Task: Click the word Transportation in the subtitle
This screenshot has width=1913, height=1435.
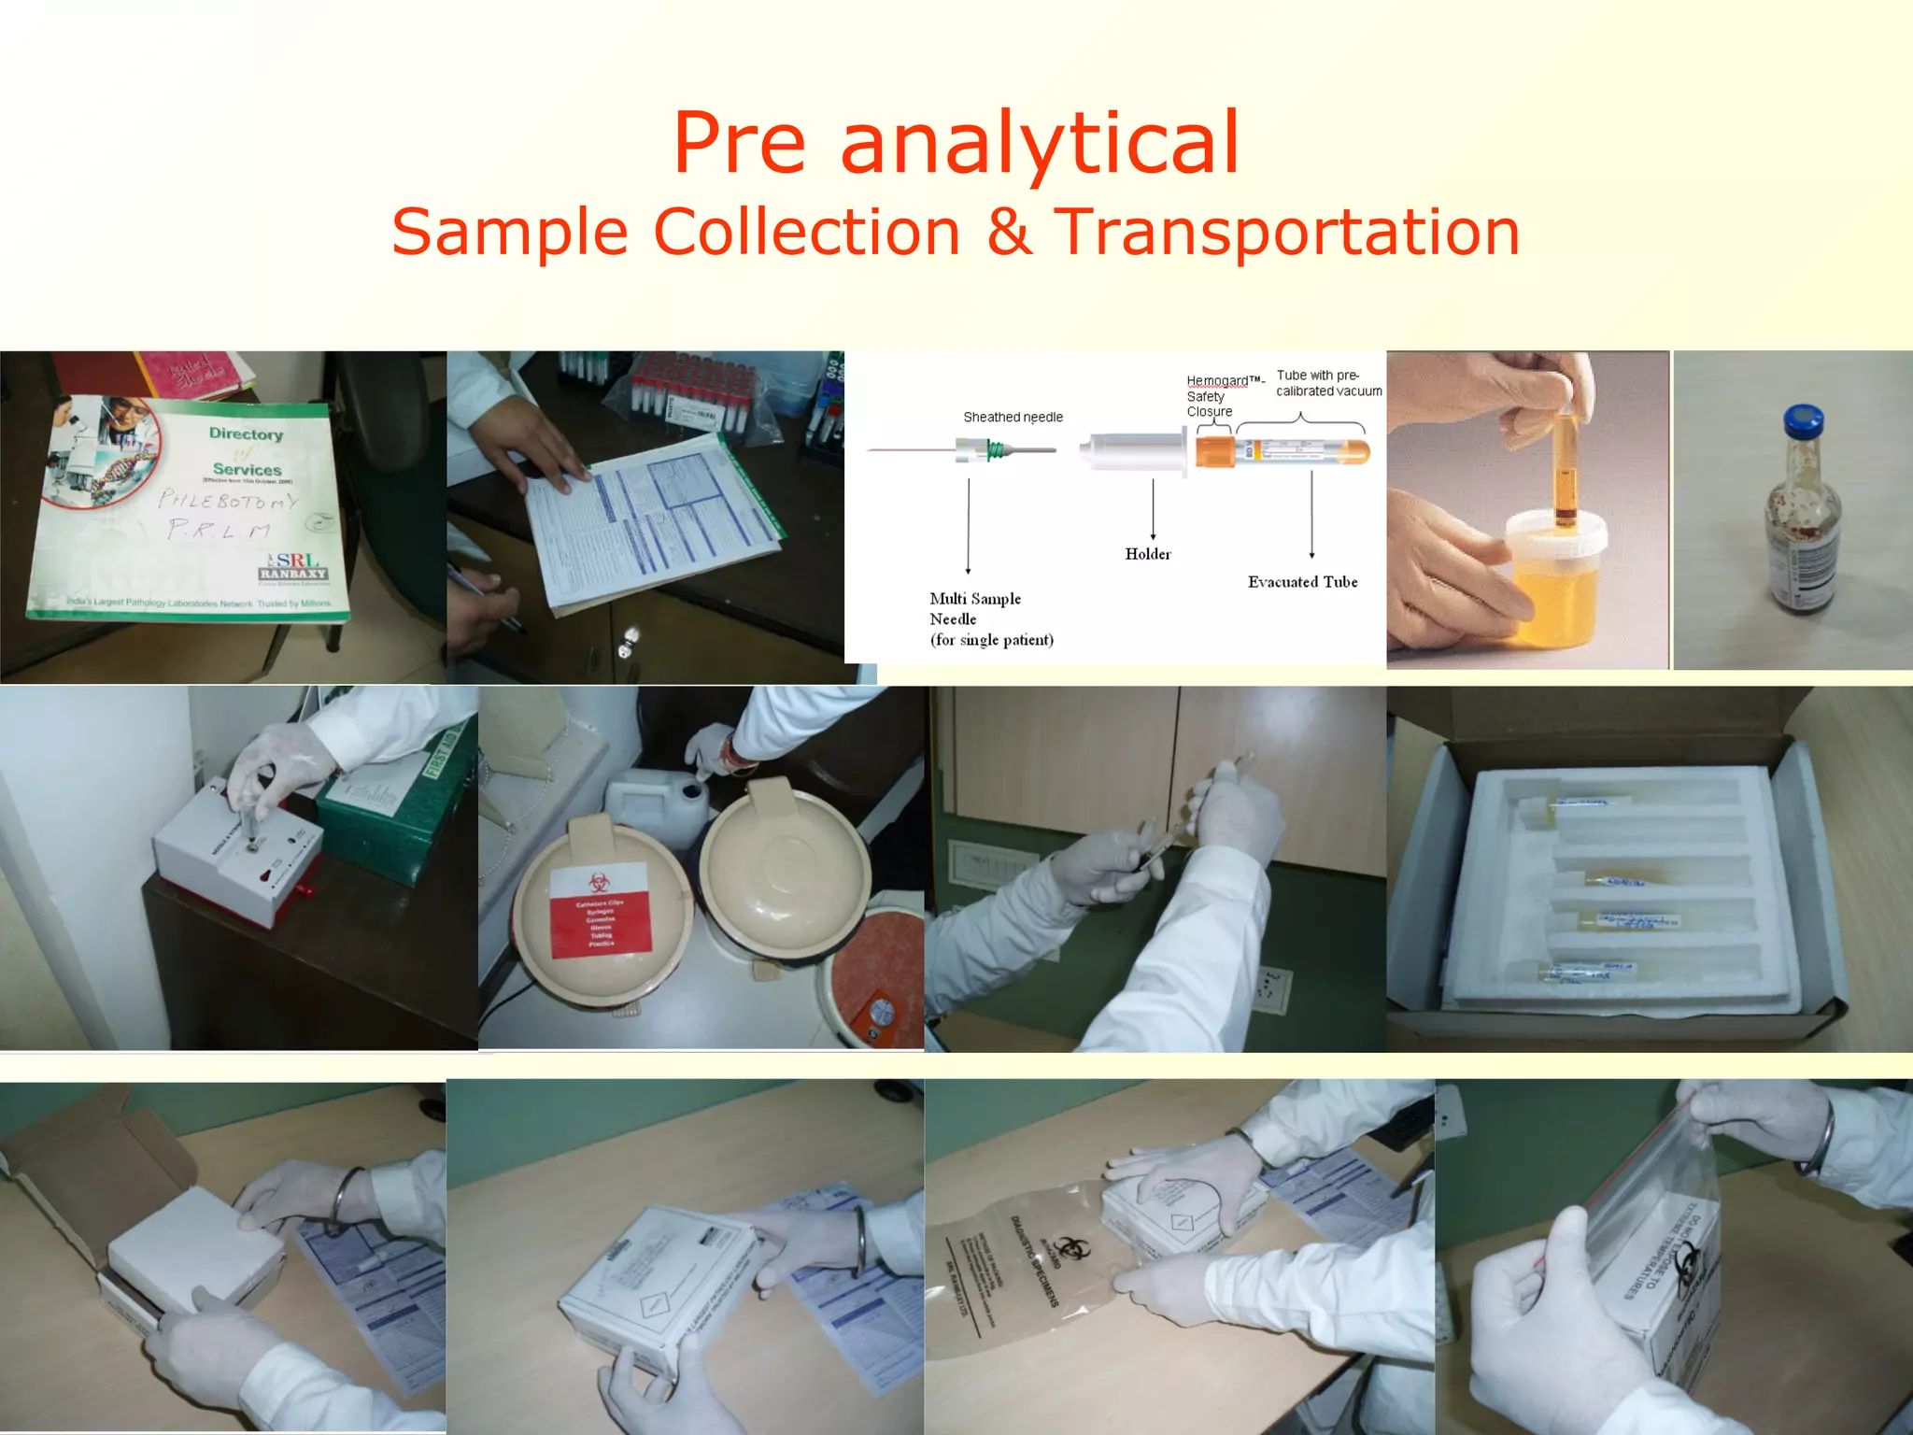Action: [x=1287, y=232]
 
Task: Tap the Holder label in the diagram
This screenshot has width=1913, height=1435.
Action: [x=1147, y=554]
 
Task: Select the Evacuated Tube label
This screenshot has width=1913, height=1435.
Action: [x=1302, y=582]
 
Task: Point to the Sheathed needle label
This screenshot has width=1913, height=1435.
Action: [x=1013, y=417]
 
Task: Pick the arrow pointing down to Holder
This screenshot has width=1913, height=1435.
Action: [x=1153, y=509]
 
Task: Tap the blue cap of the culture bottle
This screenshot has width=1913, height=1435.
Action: [x=1803, y=421]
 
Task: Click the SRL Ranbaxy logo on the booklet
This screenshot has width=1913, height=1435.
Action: [x=292, y=566]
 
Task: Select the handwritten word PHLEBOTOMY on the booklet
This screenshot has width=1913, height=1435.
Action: [x=227, y=502]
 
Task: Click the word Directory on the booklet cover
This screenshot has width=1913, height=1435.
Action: [x=246, y=433]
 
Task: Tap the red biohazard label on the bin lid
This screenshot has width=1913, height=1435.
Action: [x=600, y=910]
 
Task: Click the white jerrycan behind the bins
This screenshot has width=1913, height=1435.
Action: [x=654, y=803]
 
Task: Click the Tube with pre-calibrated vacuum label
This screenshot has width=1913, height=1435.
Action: [x=1327, y=383]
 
